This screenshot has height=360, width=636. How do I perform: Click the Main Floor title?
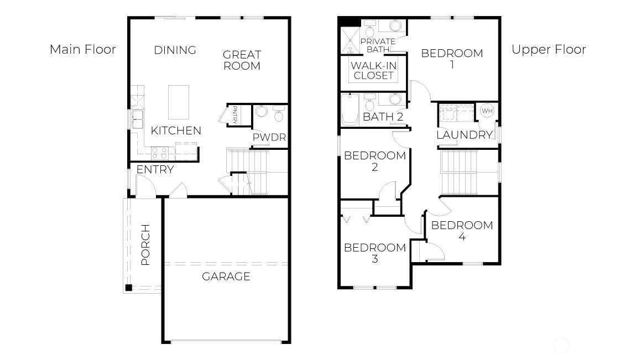click(x=83, y=49)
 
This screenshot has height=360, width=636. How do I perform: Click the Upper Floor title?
click(x=549, y=49)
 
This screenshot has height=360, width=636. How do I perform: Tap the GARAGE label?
click(x=226, y=276)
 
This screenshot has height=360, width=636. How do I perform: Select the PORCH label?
click(x=145, y=245)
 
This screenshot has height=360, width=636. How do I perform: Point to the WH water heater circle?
click(x=487, y=111)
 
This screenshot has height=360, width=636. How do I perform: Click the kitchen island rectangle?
click(x=179, y=102)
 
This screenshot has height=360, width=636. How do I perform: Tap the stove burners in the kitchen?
click(x=159, y=154)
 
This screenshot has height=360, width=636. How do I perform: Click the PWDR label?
click(x=269, y=138)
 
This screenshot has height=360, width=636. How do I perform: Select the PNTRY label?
click(x=235, y=114)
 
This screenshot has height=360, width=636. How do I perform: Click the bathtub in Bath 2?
click(x=350, y=109)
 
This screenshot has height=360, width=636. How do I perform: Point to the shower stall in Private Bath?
click(x=350, y=40)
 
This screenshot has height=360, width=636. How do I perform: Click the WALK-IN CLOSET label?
click(x=373, y=71)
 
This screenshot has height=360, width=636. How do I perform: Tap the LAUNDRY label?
click(x=465, y=135)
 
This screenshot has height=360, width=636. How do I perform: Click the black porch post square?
click(x=128, y=288)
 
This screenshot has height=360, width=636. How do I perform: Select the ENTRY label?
click(x=155, y=169)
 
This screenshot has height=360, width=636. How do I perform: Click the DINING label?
click(x=175, y=50)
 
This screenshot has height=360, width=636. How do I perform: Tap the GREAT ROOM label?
click(x=242, y=60)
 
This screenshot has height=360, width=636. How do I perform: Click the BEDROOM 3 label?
click(x=375, y=253)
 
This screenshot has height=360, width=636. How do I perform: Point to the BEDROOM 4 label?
click(x=462, y=231)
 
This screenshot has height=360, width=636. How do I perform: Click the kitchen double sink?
click(x=138, y=119)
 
